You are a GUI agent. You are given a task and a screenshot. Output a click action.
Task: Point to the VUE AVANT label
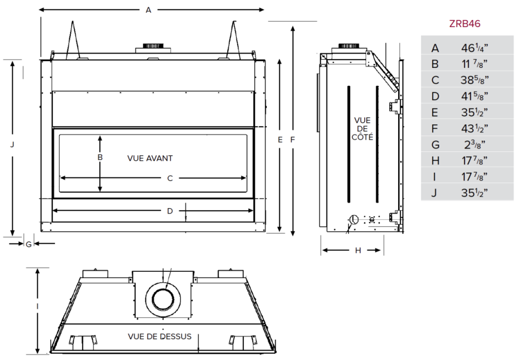(149, 158)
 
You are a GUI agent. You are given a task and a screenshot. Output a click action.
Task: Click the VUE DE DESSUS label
(159, 337)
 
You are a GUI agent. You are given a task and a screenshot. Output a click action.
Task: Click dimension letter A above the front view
(148, 10)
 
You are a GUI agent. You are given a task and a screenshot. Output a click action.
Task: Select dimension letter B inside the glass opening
(100, 157)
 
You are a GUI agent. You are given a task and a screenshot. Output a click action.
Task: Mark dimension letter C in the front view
(169, 178)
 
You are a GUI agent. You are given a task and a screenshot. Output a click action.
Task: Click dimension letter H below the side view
(358, 251)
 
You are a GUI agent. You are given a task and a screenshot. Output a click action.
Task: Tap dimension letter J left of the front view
(12, 145)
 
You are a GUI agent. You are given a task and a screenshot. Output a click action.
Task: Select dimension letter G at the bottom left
(29, 243)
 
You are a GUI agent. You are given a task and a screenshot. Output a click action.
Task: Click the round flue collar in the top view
(164, 299)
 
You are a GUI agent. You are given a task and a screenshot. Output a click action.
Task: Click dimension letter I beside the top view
(38, 308)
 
